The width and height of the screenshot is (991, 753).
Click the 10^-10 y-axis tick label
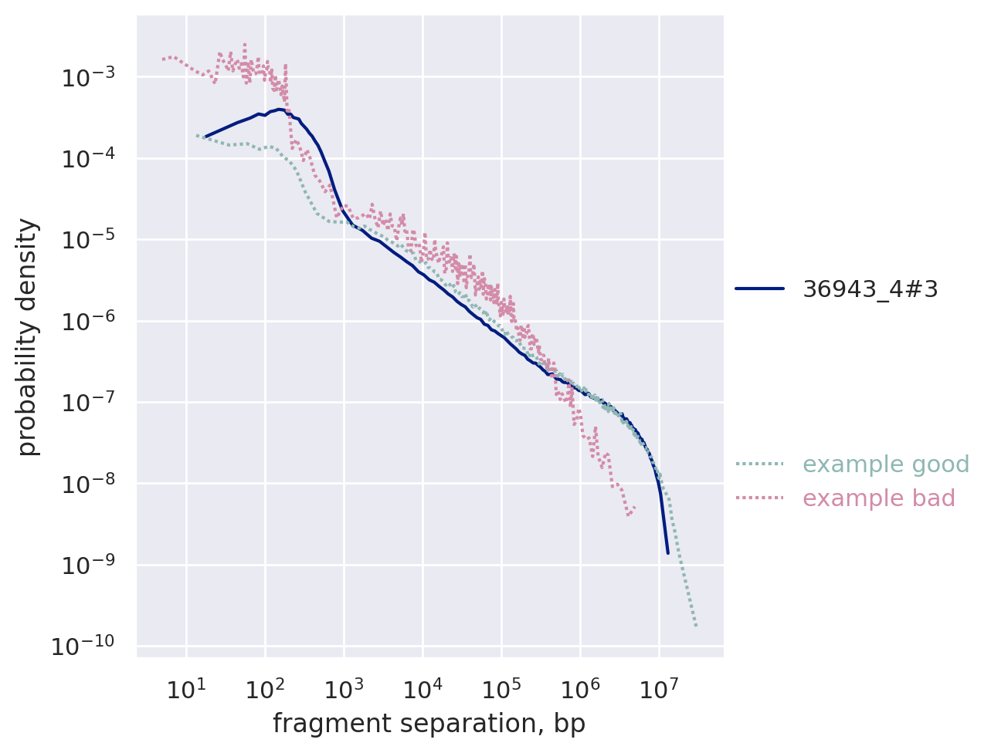coord(83,647)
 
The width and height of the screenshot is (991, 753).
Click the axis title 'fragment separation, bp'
coord(429,724)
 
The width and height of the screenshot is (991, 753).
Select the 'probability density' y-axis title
coord(28,336)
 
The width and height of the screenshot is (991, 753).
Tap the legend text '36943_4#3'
coord(871,289)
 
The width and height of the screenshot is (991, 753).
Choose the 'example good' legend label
coord(886,464)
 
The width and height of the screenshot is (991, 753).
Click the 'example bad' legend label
coord(879,498)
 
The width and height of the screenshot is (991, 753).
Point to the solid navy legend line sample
coord(759,289)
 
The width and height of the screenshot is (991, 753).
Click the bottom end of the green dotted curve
coord(696,626)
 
